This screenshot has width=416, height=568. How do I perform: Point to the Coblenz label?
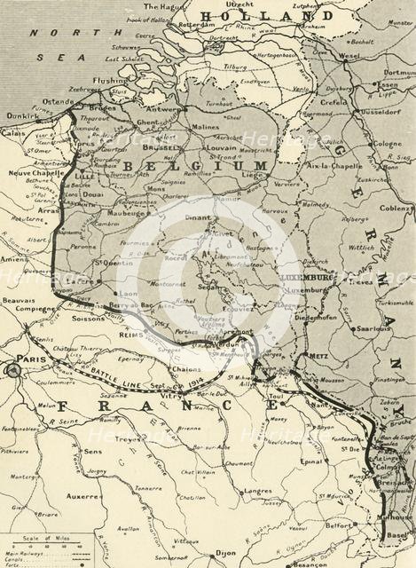pos(393,209)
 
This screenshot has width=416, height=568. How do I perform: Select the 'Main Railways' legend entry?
pos(26,553)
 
